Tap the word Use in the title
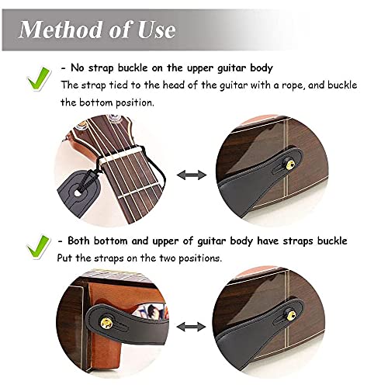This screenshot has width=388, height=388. coord(157,29)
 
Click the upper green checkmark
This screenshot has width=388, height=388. coord(39,79)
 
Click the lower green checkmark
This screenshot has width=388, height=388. coord(38,248)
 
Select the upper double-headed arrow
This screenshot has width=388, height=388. coord(192,175)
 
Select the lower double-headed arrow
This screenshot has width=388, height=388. coord(191,327)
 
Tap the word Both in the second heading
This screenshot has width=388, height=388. coord(79,241)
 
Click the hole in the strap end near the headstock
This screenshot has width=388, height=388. coord(77,193)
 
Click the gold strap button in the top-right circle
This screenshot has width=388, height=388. coord(292,164)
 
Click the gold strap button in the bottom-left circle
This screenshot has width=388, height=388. coord(106,323)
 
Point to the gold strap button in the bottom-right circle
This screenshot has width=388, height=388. coord(292,315)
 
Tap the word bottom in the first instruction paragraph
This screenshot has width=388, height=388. coord(96,102)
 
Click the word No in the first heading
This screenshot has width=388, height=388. coord(77,68)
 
